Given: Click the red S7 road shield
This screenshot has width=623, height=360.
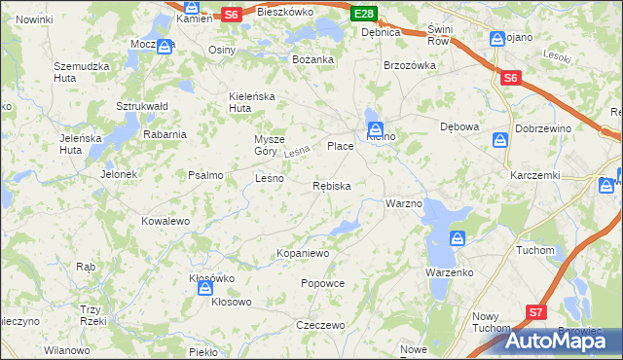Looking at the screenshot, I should (x=535, y=312).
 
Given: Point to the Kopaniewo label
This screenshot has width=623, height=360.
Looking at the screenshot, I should (x=304, y=253).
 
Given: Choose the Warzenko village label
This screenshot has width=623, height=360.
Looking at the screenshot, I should (x=449, y=272).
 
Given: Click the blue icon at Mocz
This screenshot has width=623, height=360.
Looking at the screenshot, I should (x=165, y=45).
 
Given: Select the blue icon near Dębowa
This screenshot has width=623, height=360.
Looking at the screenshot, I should (x=499, y=141).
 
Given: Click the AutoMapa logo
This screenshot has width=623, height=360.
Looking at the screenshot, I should (x=563, y=341).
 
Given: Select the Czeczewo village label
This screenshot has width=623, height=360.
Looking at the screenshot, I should (x=321, y=325).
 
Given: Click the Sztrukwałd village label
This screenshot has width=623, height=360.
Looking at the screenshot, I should (x=142, y=105).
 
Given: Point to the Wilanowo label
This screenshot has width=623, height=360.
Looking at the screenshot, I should (x=66, y=349).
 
